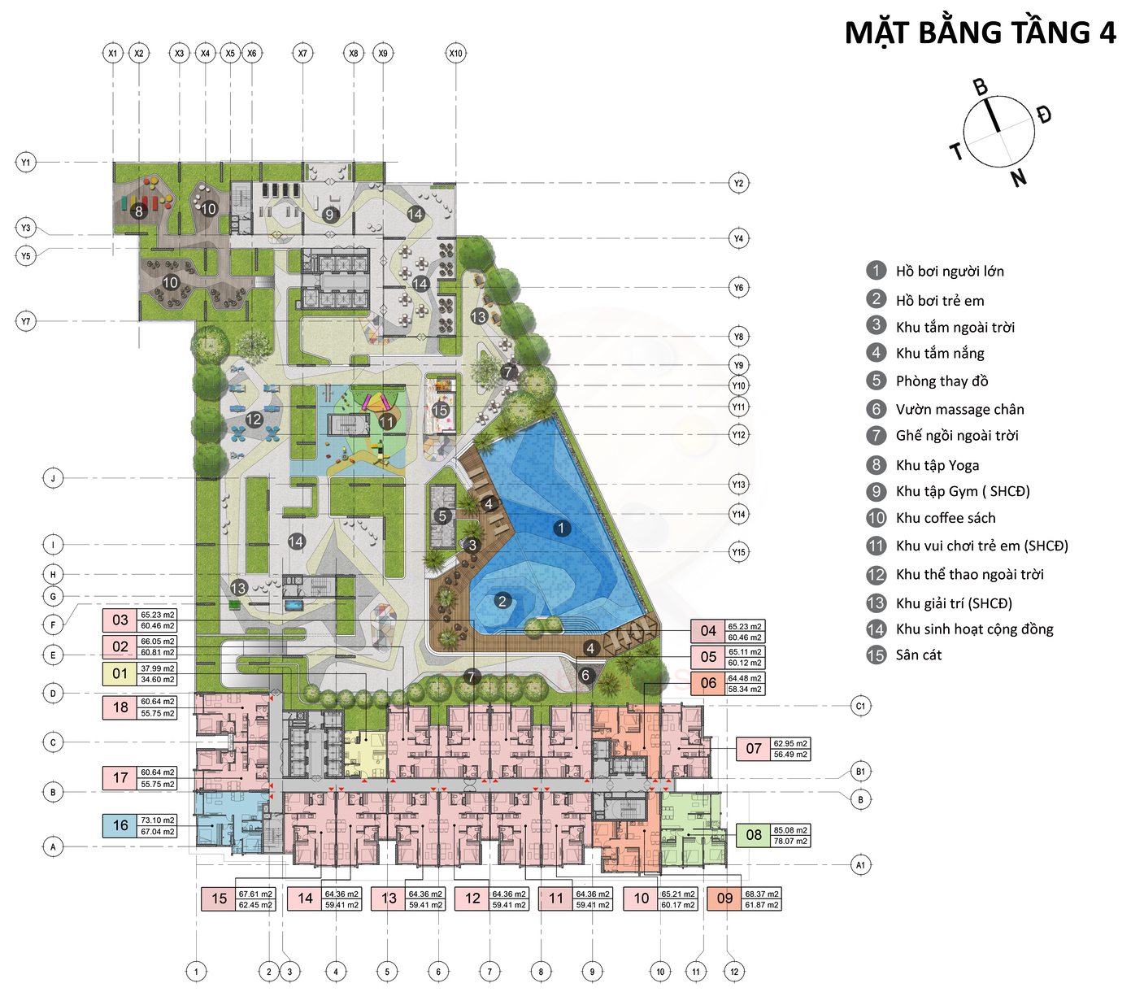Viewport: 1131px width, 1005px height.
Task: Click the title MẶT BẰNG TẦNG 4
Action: click(x=980, y=33)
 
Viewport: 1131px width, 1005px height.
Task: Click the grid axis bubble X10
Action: click(x=455, y=54)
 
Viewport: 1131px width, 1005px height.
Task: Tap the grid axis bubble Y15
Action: click(x=738, y=552)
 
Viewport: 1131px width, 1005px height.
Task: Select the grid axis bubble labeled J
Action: click(x=53, y=478)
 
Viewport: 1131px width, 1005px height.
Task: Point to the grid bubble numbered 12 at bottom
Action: click(x=734, y=971)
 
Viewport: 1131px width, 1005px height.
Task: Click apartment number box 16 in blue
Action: click(x=120, y=825)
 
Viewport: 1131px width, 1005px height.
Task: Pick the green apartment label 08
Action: click(x=754, y=835)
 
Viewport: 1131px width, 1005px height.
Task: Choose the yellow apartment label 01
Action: click(x=120, y=673)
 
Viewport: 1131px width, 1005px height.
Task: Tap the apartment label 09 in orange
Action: click(x=724, y=898)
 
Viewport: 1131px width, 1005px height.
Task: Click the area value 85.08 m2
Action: click(x=790, y=830)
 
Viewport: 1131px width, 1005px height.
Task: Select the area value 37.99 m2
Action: click(x=158, y=668)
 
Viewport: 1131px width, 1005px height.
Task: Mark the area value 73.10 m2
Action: click(x=158, y=820)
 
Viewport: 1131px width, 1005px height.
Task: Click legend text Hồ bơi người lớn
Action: click(x=950, y=272)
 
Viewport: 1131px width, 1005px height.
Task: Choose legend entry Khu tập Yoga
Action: click(x=937, y=465)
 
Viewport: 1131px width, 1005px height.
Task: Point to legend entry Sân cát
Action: click(x=918, y=655)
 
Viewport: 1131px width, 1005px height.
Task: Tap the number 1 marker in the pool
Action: click(x=561, y=529)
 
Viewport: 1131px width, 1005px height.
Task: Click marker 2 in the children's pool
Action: click(x=502, y=601)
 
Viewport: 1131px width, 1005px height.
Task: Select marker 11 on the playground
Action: click(x=387, y=421)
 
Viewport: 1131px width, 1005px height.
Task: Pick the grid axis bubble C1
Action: click(x=860, y=706)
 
